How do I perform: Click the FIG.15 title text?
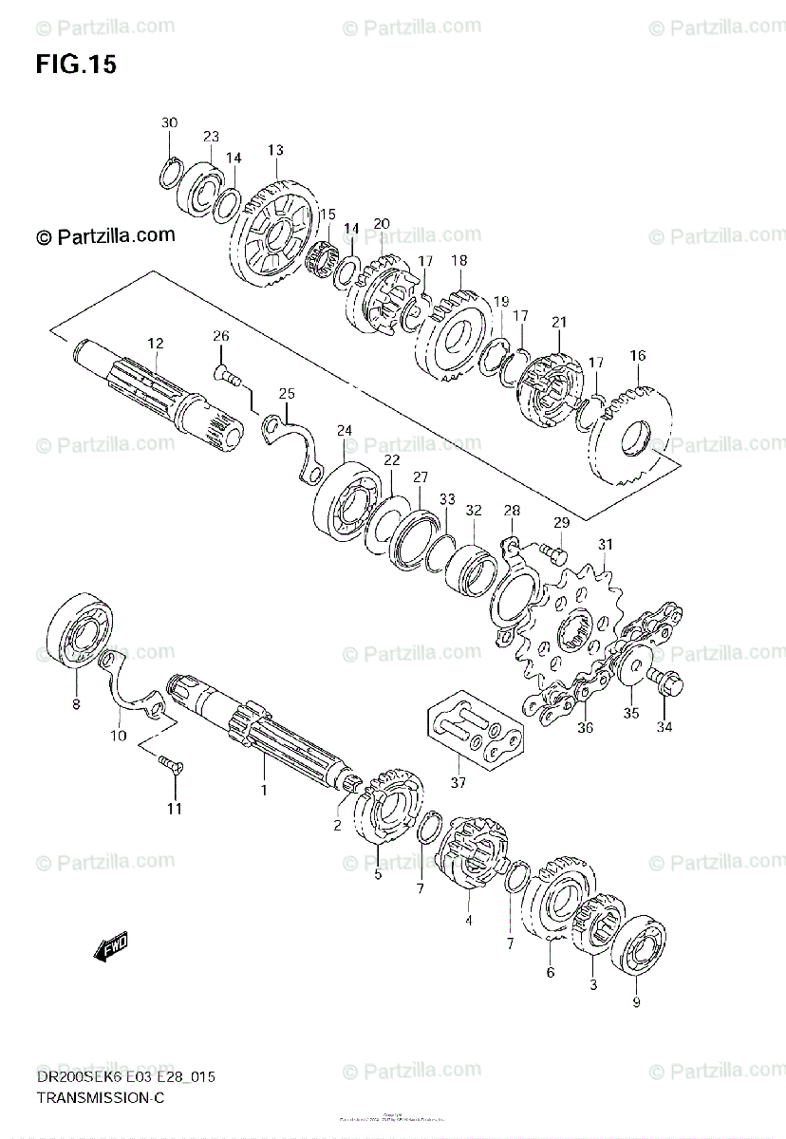coord(76,65)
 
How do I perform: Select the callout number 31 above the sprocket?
coord(606,544)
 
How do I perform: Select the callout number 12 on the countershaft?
coord(156,343)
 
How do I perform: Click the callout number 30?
coord(169,123)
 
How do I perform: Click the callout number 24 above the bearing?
coord(345,430)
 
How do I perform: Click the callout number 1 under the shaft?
coord(265,789)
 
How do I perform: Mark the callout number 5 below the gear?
coord(378,874)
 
